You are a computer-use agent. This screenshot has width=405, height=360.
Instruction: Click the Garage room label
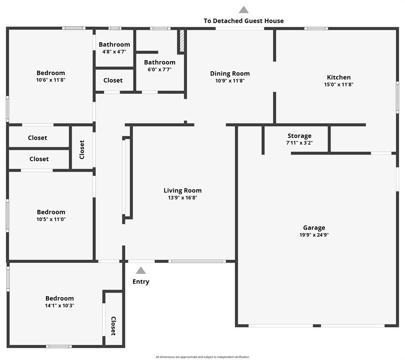click(x=314, y=228)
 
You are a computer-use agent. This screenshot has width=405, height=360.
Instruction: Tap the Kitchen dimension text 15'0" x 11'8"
click(x=338, y=84)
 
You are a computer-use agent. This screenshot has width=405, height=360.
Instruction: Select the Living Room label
click(x=183, y=191)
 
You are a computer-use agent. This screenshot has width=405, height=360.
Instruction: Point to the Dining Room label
click(x=230, y=74)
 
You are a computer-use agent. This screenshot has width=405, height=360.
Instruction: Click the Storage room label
click(x=300, y=136)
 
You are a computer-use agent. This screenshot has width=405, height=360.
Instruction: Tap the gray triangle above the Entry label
click(x=141, y=270)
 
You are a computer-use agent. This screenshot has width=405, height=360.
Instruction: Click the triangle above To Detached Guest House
click(x=244, y=9)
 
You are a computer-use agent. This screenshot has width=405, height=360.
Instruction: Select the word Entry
click(x=141, y=282)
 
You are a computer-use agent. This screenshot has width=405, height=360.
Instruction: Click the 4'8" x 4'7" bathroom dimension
click(x=114, y=52)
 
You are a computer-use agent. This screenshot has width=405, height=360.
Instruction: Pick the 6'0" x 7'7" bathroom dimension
click(x=160, y=69)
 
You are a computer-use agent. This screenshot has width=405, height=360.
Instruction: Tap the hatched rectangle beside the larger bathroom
click(x=182, y=41)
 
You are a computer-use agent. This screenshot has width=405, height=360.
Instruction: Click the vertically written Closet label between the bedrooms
click(x=82, y=150)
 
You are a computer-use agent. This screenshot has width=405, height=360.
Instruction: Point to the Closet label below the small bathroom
click(x=113, y=80)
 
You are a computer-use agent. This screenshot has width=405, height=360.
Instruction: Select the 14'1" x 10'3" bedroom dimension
click(x=60, y=306)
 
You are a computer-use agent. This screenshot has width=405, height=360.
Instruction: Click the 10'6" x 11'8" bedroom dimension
click(x=51, y=80)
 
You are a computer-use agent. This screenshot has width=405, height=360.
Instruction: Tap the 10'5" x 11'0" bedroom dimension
click(x=51, y=219)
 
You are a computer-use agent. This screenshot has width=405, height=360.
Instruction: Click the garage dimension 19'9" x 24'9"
click(x=314, y=235)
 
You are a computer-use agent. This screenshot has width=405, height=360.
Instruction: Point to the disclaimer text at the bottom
click(x=202, y=357)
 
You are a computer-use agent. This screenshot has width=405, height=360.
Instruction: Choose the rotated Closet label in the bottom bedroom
click(x=113, y=326)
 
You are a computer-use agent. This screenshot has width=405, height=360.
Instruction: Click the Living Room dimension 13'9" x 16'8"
click(x=183, y=198)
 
